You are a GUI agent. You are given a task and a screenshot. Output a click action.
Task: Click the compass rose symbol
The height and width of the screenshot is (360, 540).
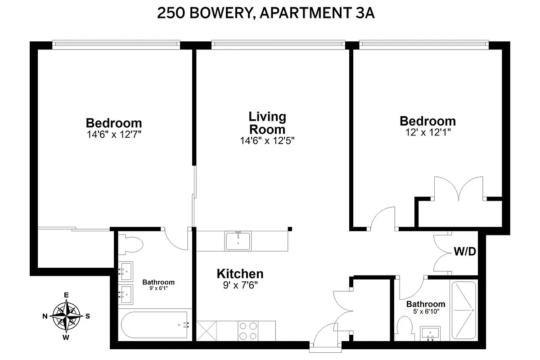(66, 315)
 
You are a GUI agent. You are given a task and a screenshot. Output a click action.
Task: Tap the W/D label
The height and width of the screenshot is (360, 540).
(465, 252)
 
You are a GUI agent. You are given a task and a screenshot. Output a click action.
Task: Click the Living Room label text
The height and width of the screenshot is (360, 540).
(267, 123)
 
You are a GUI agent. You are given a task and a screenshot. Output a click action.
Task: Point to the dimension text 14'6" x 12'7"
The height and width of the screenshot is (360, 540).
(114, 134)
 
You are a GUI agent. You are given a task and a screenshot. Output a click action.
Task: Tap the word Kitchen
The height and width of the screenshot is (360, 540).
(240, 274)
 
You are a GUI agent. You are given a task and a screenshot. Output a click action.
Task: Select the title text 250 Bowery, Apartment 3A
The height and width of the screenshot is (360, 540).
(266, 13)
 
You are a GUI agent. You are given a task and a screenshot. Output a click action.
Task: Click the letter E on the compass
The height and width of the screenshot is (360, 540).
(66, 295)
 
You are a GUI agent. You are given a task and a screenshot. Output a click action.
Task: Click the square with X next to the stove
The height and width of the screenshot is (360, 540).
(207, 331)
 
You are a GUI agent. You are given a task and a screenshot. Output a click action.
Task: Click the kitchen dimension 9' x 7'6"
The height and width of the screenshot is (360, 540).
(240, 285)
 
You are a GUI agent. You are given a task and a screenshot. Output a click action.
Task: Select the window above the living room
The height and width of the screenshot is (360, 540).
(278, 44)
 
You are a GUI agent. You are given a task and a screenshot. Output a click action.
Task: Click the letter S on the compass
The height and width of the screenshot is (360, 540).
(88, 316)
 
